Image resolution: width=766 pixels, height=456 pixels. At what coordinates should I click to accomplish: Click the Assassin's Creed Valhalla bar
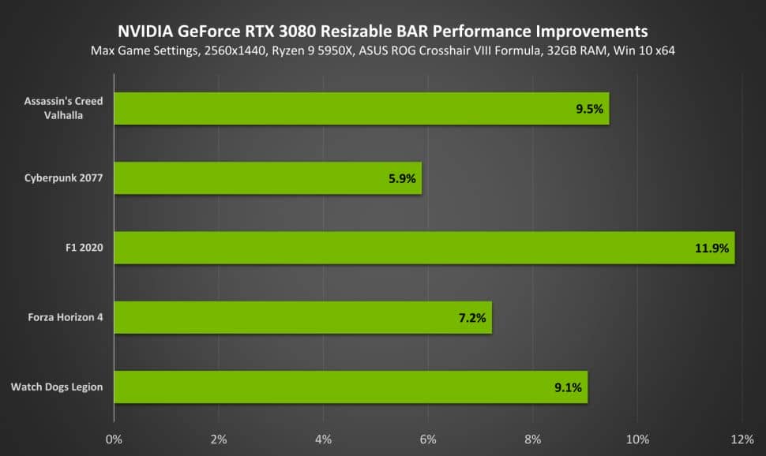pos(362,109)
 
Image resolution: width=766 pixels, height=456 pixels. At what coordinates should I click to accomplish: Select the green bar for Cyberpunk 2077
pos(268,178)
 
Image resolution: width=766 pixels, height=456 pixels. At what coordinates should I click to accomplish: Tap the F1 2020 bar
pos(424,248)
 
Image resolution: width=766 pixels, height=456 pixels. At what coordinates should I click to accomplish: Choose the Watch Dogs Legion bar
pos(351,387)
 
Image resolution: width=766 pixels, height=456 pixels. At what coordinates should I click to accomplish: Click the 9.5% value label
pos(589,110)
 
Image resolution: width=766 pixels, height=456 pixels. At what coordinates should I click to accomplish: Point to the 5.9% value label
pos(402,179)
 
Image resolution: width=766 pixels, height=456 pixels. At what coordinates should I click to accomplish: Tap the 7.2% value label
pos(471,318)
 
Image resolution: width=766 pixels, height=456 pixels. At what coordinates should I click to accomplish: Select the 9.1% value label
pos(568,387)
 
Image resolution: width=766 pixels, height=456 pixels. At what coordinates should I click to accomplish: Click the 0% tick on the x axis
pos(114,438)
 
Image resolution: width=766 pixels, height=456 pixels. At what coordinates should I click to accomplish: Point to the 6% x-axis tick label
pos(428,438)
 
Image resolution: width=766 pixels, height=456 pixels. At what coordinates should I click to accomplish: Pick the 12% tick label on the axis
pos(742,438)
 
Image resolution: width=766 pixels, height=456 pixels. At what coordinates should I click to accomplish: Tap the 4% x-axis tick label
pos(323,438)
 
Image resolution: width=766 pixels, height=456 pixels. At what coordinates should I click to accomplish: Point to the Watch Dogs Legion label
pos(57,387)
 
